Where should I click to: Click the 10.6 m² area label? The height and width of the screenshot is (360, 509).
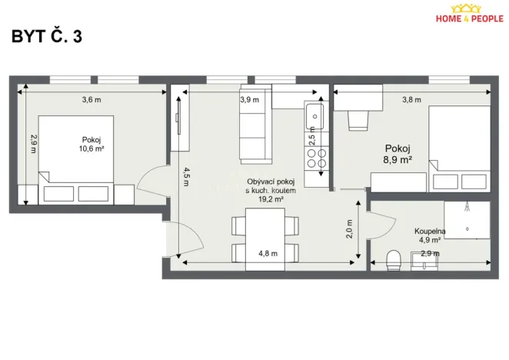(91, 149)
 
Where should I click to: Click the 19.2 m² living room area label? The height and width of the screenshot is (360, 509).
(265, 198)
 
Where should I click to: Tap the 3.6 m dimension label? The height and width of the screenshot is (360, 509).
(92, 99)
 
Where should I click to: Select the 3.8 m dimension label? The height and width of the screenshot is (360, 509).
(412, 99)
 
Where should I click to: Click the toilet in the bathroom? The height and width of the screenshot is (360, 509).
(394, 260)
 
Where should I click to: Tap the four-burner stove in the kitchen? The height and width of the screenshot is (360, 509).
(316, 158)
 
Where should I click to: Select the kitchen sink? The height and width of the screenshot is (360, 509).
(315, 117)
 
